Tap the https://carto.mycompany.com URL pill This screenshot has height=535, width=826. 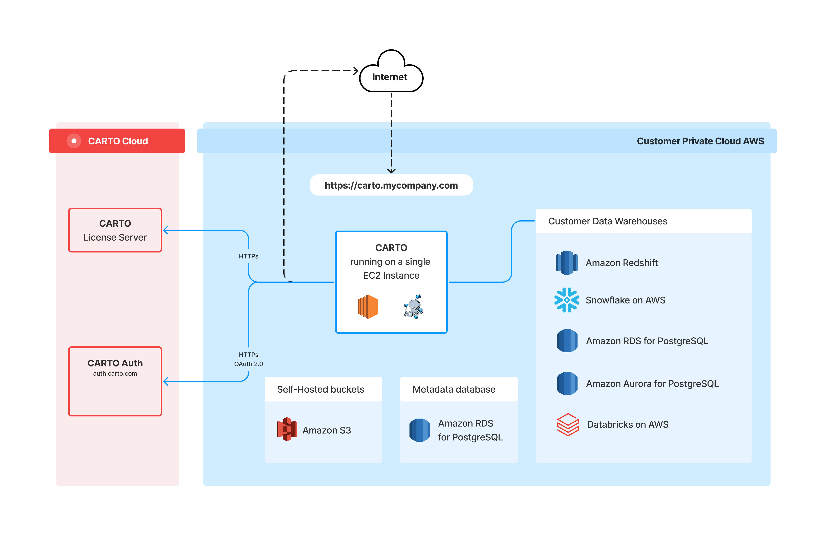click(x=391, y=185)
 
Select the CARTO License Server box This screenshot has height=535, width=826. click(x=115, y=230)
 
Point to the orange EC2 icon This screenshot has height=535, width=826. click(x=368, y=307)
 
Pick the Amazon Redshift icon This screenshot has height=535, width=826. click(x=567, y=263)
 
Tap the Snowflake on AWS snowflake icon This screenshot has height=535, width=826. click(x=567, y=300)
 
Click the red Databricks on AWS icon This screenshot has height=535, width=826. click(x=568, y=424)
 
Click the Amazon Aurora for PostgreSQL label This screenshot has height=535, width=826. click(x=652, y=384)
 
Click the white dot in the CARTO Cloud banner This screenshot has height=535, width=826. click(x=74, y=141)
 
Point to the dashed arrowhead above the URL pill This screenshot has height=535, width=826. click(x=391, y=171)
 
